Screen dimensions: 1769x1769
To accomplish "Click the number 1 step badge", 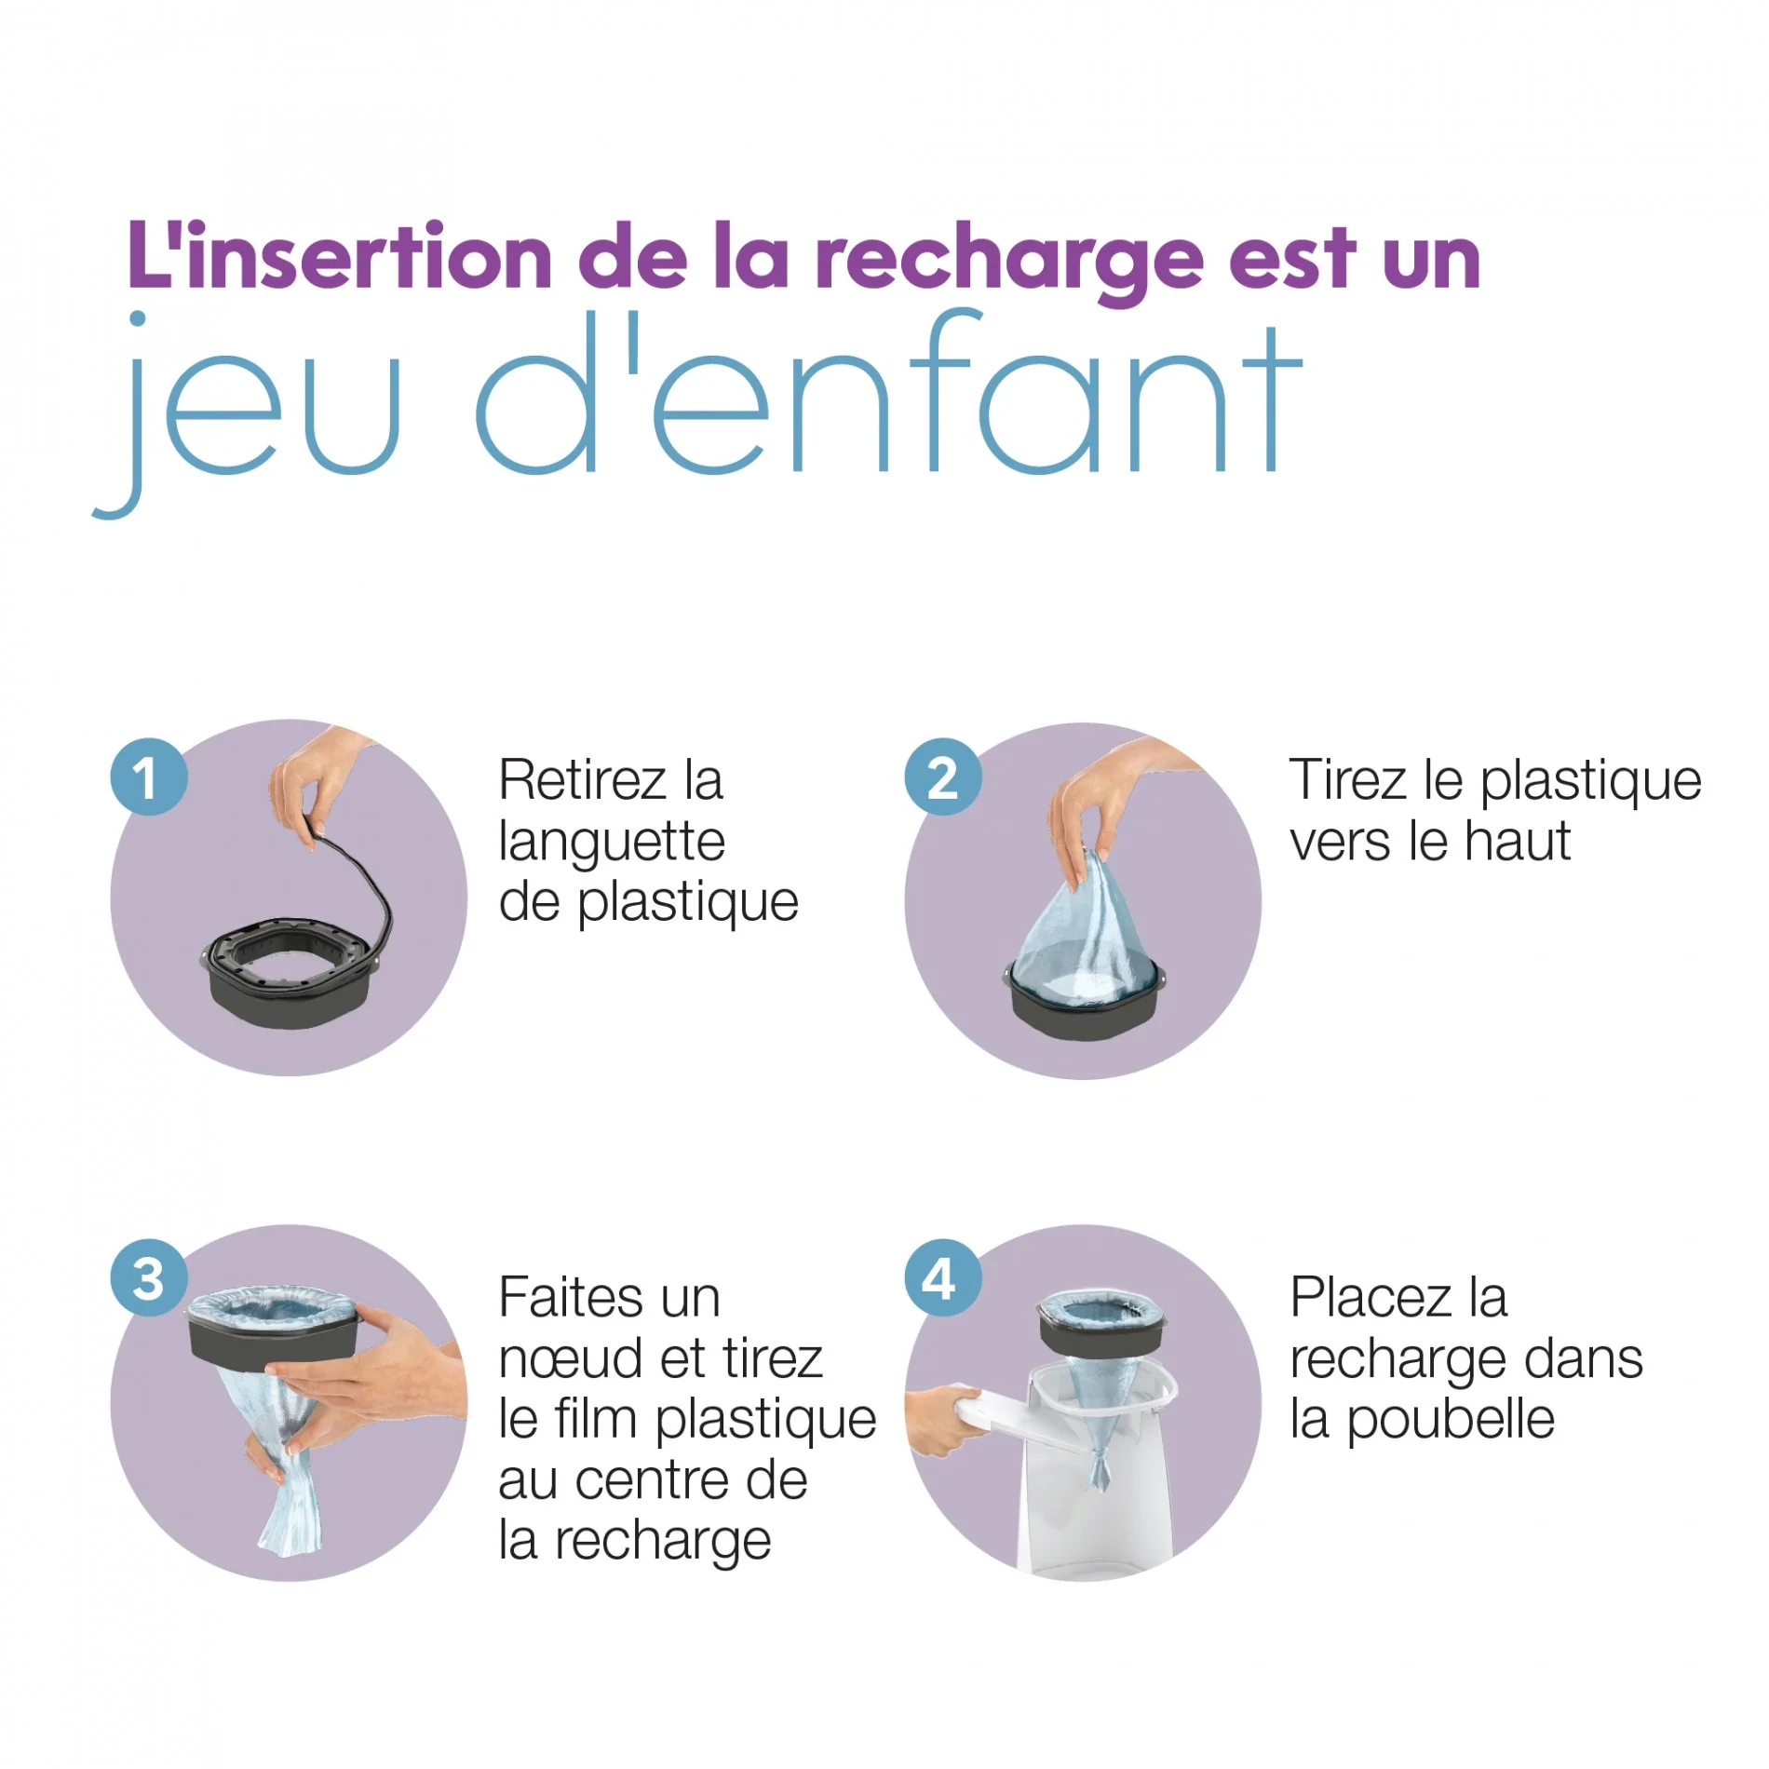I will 149,776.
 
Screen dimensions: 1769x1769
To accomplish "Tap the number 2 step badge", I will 942,776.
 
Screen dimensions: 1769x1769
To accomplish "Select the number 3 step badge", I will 149,1277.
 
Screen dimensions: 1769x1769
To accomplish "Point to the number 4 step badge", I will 942,1277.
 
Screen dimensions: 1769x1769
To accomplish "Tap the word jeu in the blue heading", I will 251,410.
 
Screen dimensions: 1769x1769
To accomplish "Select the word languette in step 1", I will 612,843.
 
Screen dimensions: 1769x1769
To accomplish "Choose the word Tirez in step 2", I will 1347,780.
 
